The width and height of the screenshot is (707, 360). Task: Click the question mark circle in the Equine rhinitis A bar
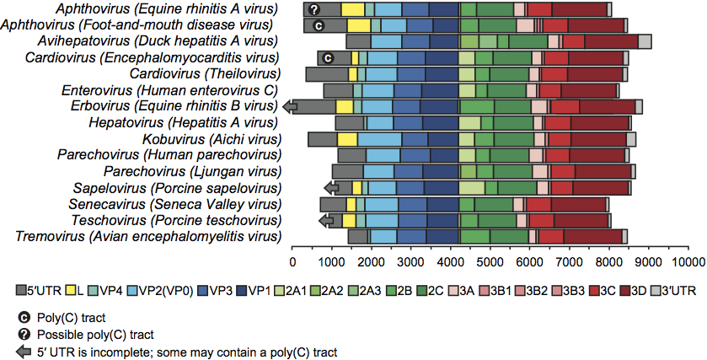tap(313, 9)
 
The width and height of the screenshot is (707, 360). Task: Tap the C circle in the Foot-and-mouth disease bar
tap(319, 25)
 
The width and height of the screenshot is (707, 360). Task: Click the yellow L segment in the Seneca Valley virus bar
tap(351, 204)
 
